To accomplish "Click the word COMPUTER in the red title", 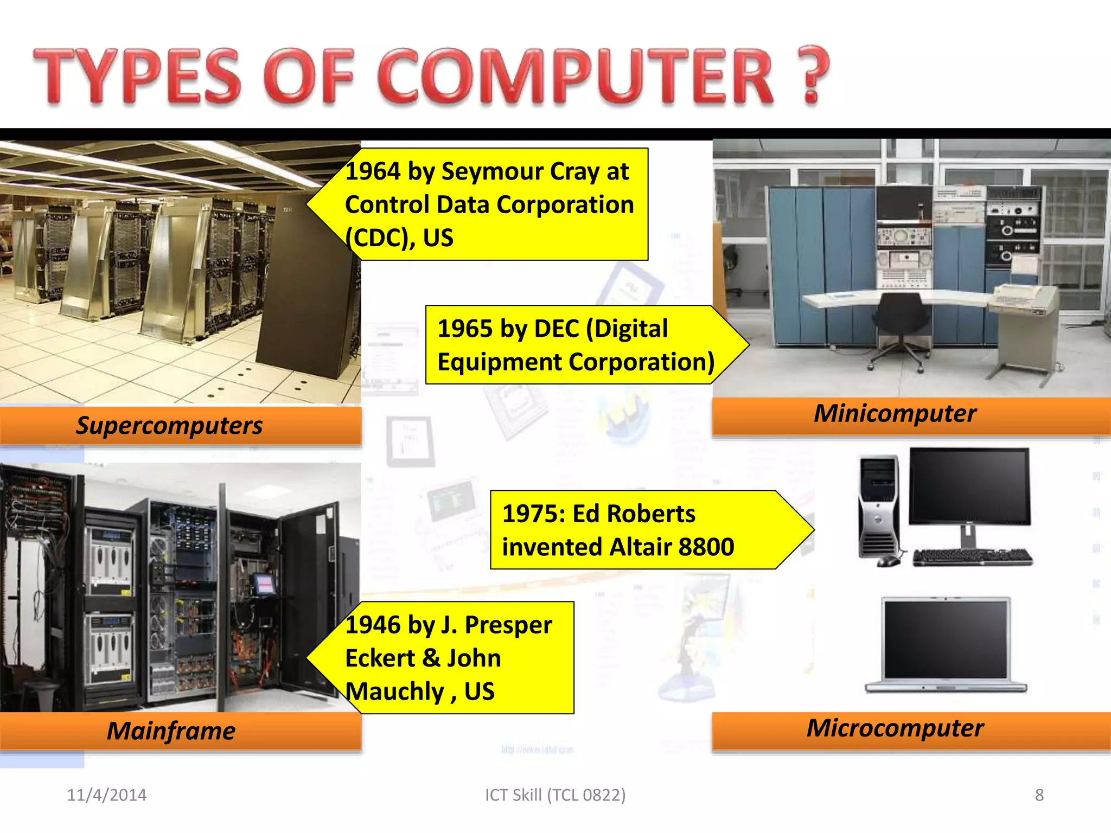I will [575, 76].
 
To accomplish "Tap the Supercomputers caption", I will [169, 426].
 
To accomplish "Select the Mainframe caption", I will [171, 731].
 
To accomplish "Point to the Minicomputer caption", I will [895, 414].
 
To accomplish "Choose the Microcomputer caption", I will [895, 728].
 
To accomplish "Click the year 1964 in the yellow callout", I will [373, 172].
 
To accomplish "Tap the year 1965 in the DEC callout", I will [465, 329].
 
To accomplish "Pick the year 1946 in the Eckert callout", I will [373, 625].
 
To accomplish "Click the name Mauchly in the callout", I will [395, 692].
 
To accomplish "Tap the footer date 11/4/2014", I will [107, 795].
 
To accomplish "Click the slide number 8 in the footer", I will [1039, 795].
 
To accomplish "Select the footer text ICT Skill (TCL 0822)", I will [555, 795].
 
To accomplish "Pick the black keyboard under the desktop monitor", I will [972, 557].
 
